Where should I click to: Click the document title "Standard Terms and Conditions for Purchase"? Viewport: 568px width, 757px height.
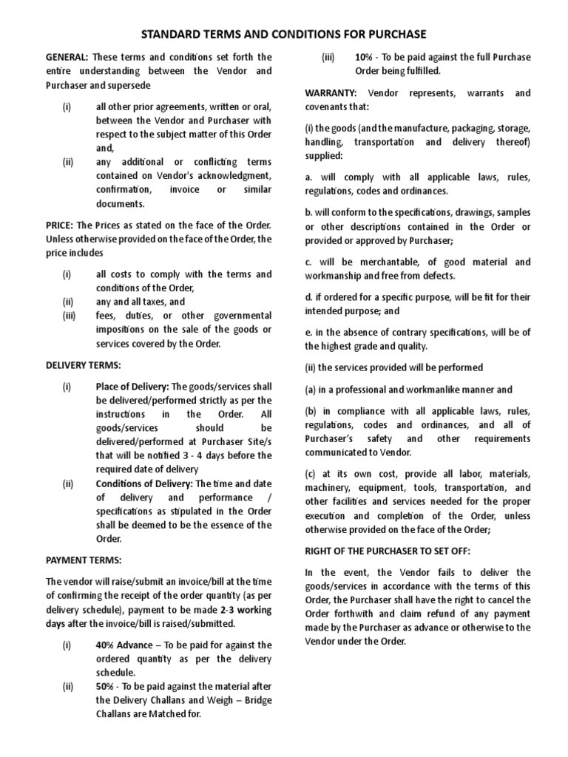click(284, 34)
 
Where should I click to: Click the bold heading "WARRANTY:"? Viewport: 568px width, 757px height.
click(331, 93)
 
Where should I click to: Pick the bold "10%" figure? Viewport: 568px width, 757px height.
click(365, 57)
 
